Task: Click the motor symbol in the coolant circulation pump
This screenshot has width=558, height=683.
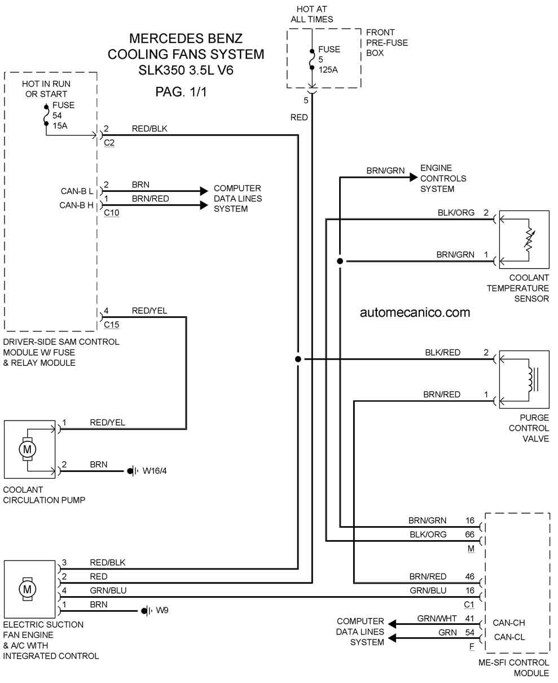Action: click(x=27, y=449)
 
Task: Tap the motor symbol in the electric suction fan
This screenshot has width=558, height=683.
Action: click(x=27, y=589)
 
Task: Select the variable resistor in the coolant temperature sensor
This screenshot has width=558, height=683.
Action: click(x=529, y=240)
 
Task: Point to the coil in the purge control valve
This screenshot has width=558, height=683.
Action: click(x=531, y=379)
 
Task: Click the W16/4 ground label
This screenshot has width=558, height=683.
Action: click(x=155, y=471)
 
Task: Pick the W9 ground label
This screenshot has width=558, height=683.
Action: click(x=162, y=610)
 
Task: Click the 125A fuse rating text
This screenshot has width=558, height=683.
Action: click(x=328, y=69)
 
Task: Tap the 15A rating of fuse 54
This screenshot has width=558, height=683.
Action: click(x=60, y=126)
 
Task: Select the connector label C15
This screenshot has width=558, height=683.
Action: click(x=111, y=325)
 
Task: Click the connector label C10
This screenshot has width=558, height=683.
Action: click(x=111, y=213)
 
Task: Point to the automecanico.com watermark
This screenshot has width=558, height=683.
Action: click(x=415, y=312)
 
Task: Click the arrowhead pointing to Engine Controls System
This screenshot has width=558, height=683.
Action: click(x=414, y=177)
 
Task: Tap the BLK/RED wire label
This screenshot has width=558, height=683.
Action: click(x=442, y=352)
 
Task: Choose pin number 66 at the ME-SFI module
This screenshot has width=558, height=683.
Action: click(x=469, y=535)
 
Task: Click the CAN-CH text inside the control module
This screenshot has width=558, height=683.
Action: click(x=509, y=623)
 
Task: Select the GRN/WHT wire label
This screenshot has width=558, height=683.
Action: click(x=437, y=619)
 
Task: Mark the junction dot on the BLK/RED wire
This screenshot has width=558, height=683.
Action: click(x=298, y=359)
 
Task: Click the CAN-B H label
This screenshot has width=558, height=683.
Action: click(x=76, y=205)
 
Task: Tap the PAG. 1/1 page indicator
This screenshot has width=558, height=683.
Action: click(x=181, y=92)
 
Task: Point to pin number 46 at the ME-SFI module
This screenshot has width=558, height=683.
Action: click(x=469, y=576)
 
